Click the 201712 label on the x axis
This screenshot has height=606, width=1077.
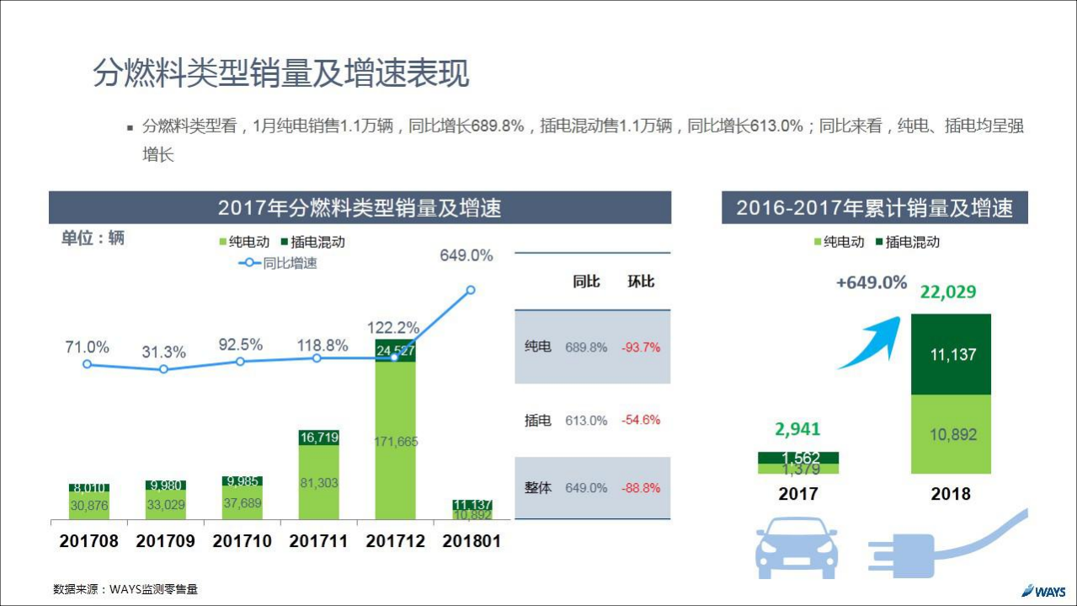click(x=395, y=541)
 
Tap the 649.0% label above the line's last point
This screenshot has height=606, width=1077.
click(x=466, y=255)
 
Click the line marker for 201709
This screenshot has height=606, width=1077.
click(x=164, y=369)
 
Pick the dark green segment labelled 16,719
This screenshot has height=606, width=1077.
click(x=319, y=437)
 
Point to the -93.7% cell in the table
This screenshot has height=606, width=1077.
click(x=641, y=347)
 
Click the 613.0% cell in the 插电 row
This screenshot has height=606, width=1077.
click(x=586, y=421)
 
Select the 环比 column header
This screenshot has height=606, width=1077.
click(x=641, y=282)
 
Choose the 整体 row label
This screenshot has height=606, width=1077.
click(x=537, y=488)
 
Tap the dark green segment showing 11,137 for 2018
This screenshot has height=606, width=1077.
click(x=952, y=355)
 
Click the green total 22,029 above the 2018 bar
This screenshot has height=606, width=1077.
click(x=948, y=292)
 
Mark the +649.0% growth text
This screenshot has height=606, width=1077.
click(x=871, y=283)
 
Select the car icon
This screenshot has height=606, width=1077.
click(x=796, y=547)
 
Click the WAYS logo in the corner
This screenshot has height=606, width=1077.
click(x=1044, y=590)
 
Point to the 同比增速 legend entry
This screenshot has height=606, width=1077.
click(x=279, y=263)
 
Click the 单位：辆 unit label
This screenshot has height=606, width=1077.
click(x=93, y=239)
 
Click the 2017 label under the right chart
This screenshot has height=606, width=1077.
click(x=797, y=494)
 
